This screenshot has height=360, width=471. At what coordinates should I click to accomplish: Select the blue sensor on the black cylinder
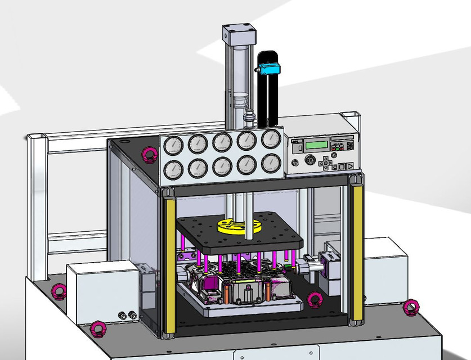coord(268,69)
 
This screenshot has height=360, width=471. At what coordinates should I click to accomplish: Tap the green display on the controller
coord(316,145)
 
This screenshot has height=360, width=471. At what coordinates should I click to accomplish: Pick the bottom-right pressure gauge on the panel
coord(271,164)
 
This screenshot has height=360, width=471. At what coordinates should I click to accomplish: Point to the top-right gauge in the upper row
coord(271,139)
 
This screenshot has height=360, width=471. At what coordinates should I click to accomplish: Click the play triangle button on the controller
coord(349,166)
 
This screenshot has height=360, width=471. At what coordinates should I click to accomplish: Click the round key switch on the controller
coord(308,161)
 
